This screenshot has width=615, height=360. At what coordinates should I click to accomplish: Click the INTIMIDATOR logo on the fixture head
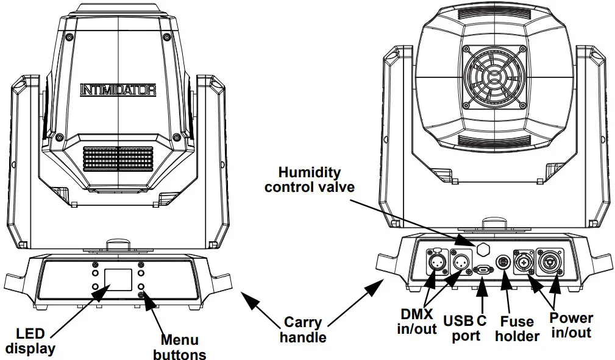[118, 90]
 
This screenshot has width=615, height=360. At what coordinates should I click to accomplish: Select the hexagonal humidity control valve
[482, 250]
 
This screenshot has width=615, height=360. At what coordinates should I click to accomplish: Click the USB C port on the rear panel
[483, 269]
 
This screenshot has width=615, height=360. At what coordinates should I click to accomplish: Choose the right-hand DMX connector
[460, 263]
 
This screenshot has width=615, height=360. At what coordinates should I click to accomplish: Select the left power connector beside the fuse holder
[525, 263]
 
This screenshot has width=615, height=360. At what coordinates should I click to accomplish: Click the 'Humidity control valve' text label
[310, 180]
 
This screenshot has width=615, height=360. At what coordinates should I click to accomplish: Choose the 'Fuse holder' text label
[516, 329]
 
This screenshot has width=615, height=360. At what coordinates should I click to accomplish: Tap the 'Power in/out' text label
[571, 325]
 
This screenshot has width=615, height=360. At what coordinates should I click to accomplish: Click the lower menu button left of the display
[96, 286]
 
